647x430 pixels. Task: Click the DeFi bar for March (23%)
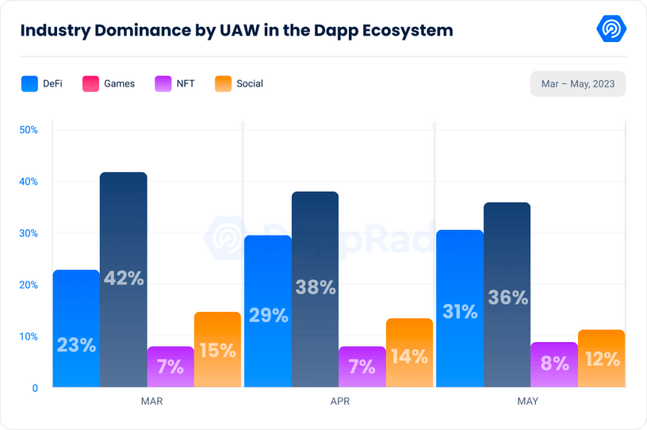76,328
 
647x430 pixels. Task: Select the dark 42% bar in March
123,279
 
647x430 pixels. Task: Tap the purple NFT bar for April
362,367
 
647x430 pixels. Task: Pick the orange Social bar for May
601,359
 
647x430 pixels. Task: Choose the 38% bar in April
315,289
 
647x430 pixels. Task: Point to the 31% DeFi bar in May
460,309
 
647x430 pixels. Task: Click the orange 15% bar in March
217,350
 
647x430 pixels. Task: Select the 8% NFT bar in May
554,364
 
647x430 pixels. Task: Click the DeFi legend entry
42,83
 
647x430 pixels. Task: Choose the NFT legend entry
174,83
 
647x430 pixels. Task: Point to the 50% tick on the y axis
29,129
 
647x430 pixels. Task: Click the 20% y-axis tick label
29,285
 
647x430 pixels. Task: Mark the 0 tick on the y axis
35,388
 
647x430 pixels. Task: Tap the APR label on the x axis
340,401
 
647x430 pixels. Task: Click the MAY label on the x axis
527,401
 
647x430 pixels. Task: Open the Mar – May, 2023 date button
577,83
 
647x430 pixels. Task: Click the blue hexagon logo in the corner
611,29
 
